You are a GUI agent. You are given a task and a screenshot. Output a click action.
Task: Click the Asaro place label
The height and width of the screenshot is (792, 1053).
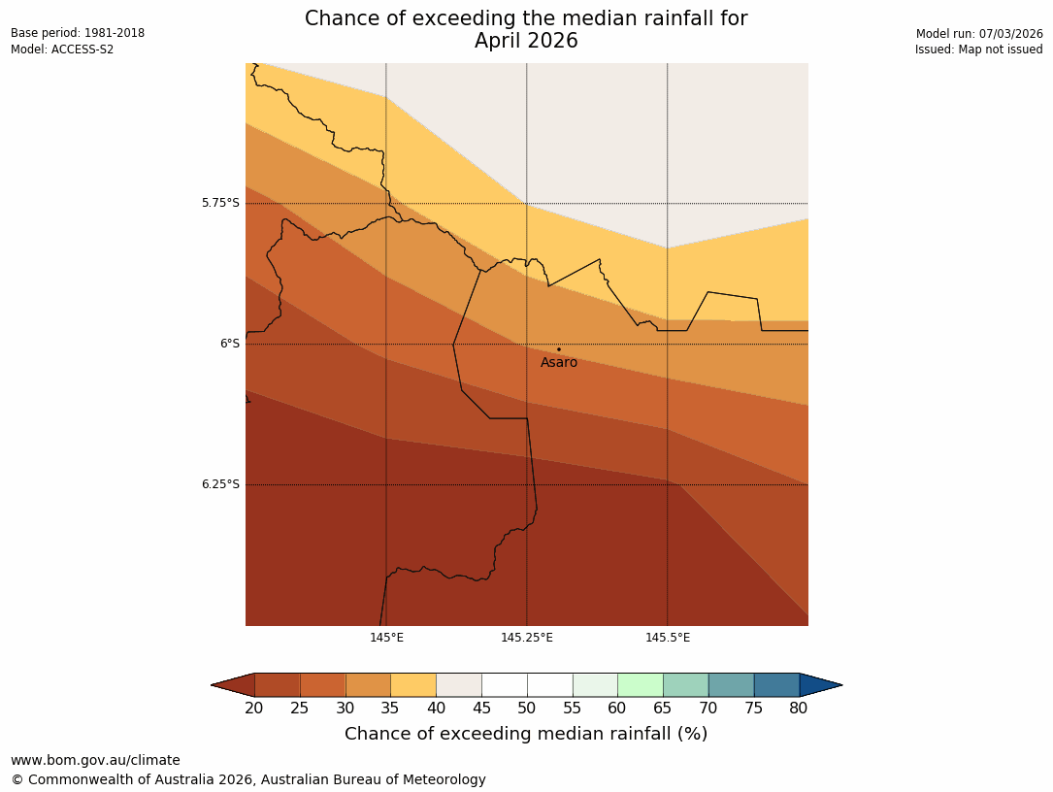(x=559, y=363)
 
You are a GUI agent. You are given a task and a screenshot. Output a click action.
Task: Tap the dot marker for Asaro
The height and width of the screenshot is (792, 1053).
(x=558, y=349)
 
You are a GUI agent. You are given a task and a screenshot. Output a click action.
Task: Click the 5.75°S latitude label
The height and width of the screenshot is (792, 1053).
(x=220, y=203)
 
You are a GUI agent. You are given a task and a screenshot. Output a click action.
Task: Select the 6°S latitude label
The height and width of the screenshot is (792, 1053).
(x=229, y=344)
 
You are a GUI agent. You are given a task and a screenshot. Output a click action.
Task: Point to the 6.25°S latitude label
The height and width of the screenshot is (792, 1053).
(x=220, y=484)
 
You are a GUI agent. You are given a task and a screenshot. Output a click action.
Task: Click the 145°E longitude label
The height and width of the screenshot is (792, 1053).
(x=386, y=638)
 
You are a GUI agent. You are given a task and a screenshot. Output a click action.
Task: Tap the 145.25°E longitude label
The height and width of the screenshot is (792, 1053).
(x=527, y=638)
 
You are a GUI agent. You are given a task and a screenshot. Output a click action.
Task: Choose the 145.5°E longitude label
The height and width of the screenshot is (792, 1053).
(x=668, y=638)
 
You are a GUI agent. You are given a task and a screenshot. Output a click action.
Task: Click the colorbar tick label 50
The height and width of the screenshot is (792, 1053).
(x=527, y=709)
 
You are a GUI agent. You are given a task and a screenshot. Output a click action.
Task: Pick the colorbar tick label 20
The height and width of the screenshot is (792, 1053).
(x=254, y=709)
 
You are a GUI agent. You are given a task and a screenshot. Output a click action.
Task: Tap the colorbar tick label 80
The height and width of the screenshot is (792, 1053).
(x=799, y=709)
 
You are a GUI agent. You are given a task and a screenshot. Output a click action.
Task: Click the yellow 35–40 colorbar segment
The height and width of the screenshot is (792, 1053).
(x=413, y=685)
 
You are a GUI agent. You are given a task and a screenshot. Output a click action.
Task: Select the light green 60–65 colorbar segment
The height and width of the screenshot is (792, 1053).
(x=641, y=685)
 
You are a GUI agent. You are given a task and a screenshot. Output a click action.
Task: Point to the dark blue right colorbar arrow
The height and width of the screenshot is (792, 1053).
(x=820, y=685)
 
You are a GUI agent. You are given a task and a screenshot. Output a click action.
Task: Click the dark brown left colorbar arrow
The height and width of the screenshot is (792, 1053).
(x=234, y=685)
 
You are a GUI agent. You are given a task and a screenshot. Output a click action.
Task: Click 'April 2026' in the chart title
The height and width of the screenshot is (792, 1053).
(x=526, y=41)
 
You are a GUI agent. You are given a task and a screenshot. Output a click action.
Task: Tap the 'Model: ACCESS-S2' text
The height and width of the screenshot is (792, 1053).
(x=62, y=49)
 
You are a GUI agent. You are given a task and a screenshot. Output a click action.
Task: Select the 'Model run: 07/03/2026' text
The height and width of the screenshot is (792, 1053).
(x=979, y=34)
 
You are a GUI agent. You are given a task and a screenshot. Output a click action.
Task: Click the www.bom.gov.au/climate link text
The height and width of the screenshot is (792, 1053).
(x=95, y=761)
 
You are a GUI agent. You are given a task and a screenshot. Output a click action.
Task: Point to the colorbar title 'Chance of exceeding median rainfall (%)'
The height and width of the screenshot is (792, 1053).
(x=526, y=734)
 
